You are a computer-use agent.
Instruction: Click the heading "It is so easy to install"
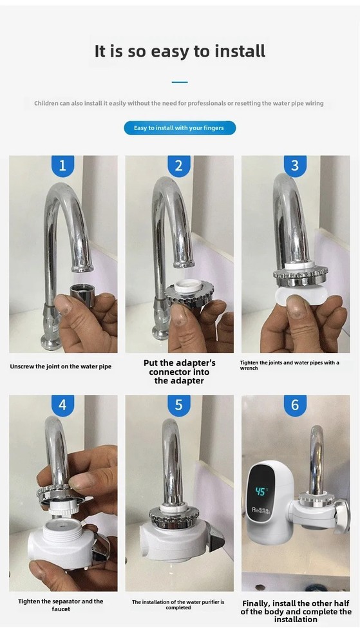pos(180,52)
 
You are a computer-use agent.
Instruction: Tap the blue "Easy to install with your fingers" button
pos(180,128)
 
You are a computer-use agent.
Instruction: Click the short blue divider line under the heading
pos(180,82)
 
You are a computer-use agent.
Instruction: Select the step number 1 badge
pos(62,166)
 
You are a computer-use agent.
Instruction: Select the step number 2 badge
pos(179,166)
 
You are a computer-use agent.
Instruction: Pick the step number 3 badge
pos(295,166)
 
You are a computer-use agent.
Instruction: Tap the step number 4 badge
pos(62,406)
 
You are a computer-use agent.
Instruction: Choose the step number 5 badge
pos(179,406)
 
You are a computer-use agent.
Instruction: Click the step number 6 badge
pos(295,406)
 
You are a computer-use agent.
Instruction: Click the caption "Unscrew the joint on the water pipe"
pos(61,366)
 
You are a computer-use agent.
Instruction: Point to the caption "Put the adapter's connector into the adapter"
pos(179,372)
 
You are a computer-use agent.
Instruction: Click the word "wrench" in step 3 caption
pos(249,368)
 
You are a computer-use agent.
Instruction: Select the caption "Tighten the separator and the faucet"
pos(61,605)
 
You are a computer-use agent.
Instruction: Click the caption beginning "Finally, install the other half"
pos(296,611)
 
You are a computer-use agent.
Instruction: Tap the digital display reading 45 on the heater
pos(261,491)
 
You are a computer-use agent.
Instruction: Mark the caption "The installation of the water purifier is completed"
pos(178,605)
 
